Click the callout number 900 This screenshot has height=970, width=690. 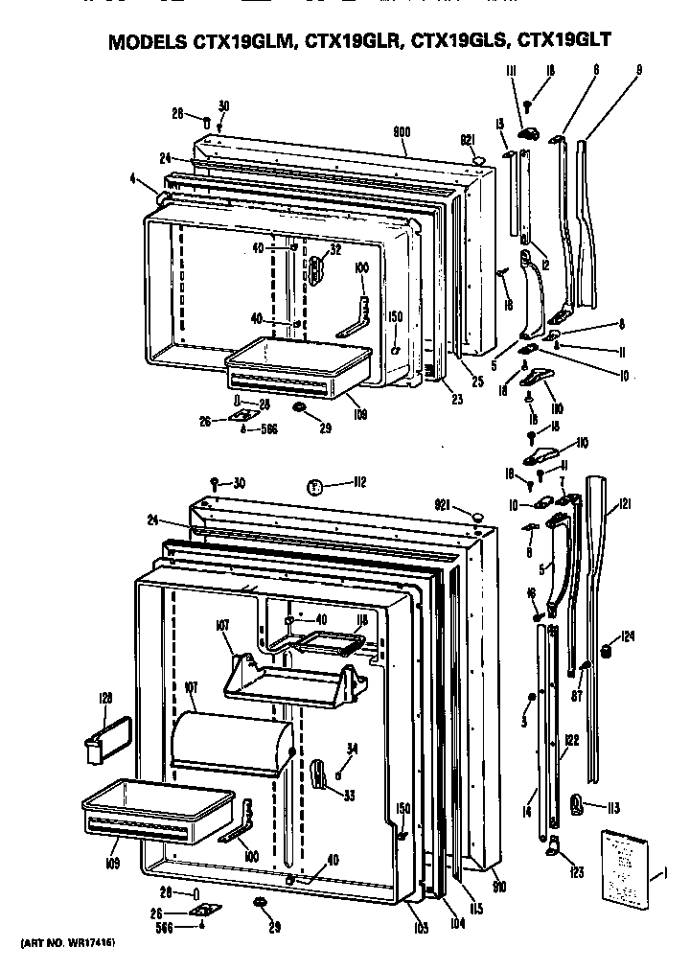tap(402, 132)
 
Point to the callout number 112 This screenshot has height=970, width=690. tap(333, 482)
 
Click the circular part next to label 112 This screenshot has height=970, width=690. tap(311, 487)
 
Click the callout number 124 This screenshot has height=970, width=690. tap(628, 635)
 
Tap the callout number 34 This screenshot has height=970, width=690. tap(353, 749)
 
